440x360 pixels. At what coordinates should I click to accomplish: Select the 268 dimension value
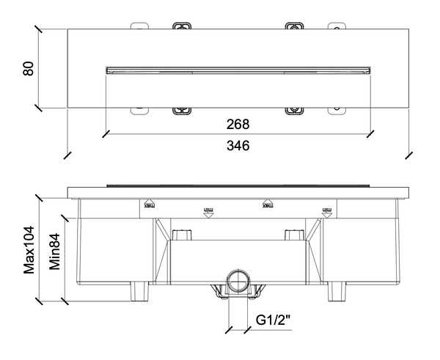(238, 124)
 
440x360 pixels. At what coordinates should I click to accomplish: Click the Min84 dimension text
(55, 251)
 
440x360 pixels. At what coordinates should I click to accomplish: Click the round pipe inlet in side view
(237, 280)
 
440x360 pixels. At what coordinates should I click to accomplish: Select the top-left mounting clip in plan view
(180, 26)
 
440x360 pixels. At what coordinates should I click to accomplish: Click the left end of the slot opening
(109, 70)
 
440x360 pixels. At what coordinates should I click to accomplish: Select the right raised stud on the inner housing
(293, 235)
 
